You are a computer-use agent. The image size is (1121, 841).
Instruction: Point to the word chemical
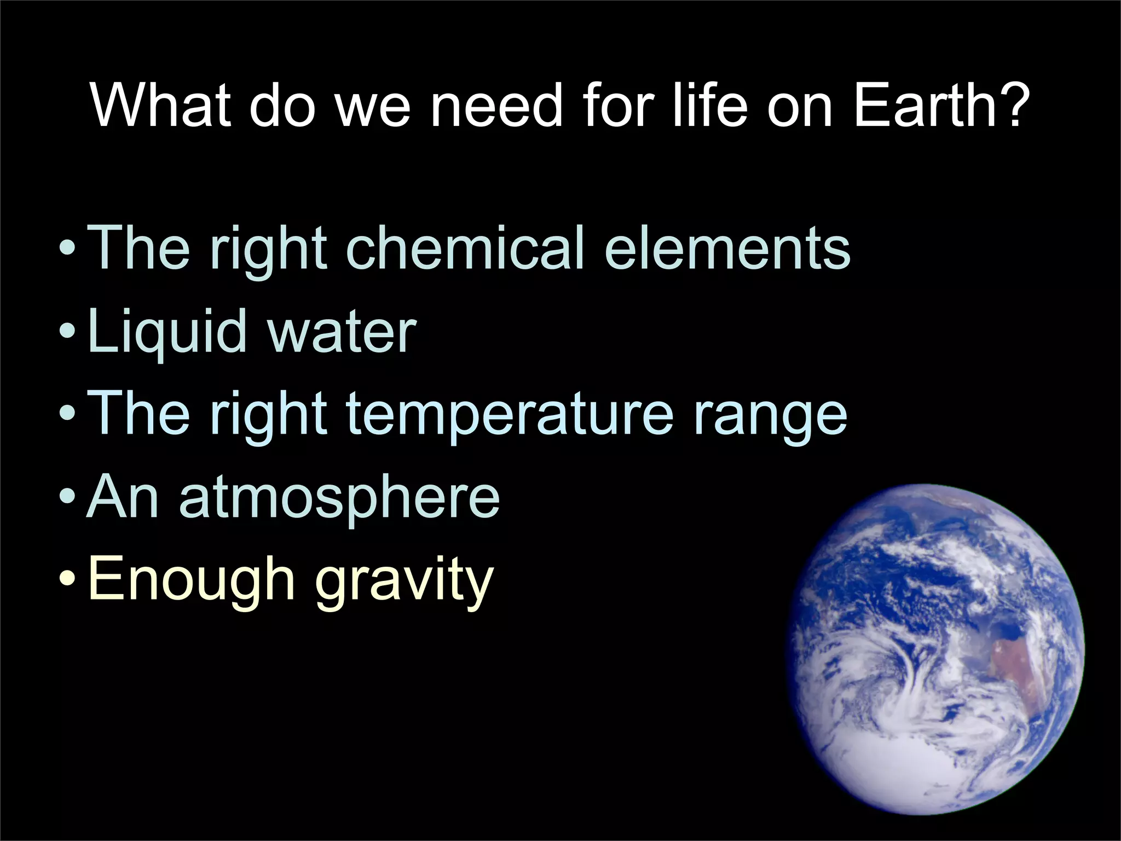[465, 249]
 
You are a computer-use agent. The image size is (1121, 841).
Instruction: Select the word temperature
[509, 415]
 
